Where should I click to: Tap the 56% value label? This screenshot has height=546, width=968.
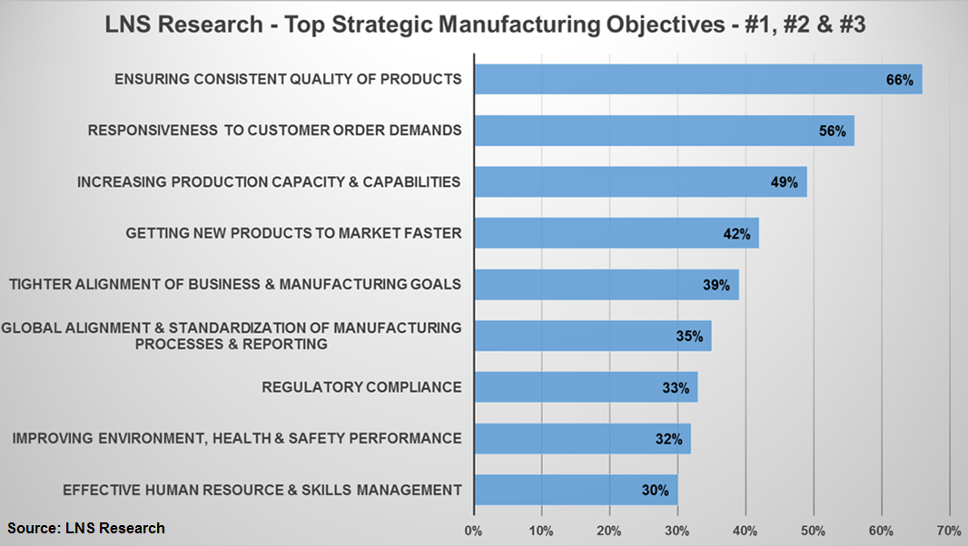coord(832,132)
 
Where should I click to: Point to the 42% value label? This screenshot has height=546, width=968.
coord(736,234)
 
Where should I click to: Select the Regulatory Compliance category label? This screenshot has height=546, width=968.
coord(361,387)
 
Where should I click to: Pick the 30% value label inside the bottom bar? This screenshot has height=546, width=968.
coord(655,491)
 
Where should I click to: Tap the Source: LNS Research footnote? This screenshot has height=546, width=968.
coord(87,528)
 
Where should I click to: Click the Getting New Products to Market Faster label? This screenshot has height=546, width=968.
coord(293,234)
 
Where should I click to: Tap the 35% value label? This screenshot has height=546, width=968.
coord(689,336)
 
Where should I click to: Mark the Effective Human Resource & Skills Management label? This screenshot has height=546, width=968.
coord(262,491)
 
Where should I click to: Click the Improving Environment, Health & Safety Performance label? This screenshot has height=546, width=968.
coord(236,439)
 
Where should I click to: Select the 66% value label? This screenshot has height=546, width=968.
coord(899,80)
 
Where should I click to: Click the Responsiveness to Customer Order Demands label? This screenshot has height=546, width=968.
coord(274,131)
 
